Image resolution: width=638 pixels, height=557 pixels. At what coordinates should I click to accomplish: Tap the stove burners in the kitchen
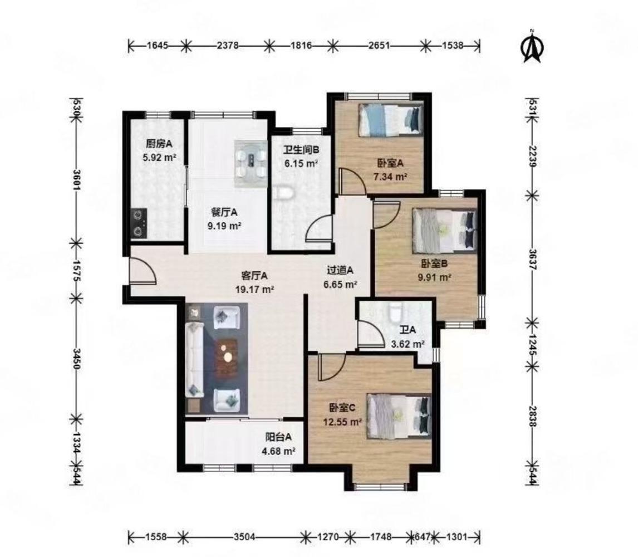point(139,223)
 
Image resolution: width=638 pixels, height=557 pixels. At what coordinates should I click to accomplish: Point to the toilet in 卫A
point(395,312)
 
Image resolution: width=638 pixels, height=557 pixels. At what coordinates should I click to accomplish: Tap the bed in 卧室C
point(399,416)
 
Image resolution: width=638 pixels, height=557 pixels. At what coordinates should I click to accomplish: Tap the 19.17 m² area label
point(254,290)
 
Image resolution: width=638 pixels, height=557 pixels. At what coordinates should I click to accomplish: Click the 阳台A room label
point(279,437)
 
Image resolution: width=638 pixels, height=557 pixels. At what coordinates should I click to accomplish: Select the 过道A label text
point(340,270)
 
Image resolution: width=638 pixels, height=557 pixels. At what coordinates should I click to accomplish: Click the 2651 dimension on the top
point(379,46)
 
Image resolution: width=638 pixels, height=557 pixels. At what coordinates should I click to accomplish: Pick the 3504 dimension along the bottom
point(244,537)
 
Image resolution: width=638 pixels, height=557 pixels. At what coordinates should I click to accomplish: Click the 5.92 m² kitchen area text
point(159,157)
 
